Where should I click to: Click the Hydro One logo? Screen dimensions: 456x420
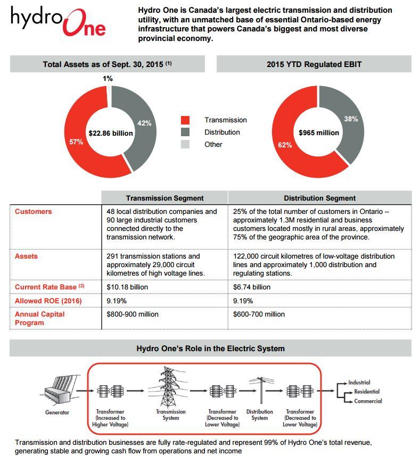tap(57, 21)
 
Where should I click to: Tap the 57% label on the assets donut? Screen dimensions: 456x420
tap(76, 142)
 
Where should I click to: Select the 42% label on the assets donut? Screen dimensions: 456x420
tap(144, 123)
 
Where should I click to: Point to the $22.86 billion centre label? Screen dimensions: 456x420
tap(111, 133)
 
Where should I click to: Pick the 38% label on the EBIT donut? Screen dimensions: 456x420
tap(351, 119)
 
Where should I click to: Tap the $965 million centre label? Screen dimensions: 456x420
tap(318, 132)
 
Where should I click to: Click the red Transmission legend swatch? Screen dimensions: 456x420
tap(185, 120)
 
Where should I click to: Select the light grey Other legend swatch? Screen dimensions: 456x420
tap(185, 145)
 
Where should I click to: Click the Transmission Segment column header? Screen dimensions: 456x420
tap(164, 198)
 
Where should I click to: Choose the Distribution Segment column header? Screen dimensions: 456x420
tap(319, 198)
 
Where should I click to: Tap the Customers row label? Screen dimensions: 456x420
tap(34, 212)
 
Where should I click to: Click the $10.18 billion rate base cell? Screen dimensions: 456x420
tap(127, 287)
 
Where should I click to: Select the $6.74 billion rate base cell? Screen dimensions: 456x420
tap(252, 287)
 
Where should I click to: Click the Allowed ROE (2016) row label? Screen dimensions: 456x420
tap(43, 301)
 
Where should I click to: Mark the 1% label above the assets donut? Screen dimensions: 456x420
tap(108, 79)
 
